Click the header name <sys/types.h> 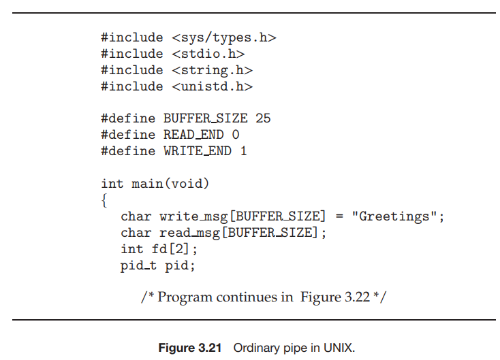pyautogui.click(x=224, y=37)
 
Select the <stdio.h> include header pyautogui.click(x=208, y=54)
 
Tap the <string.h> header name pyautogui.click(x=212, y=70)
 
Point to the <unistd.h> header pyautogui.click(x=212, y=86)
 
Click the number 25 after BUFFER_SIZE pyautogui.click(x=263, y=118)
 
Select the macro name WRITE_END pyautogui.click(x=198, y=151)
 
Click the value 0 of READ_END pyautogui.click(x=236, y=135)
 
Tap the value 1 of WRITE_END pyautogui.click(x=243, y=151)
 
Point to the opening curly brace pyautogui.click(x=104, y=200)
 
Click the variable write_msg pyautogui.click(x=191, y=217)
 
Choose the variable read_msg pyautogui.click(x=187, y=233)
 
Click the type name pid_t pyautogui.click(x=138, y=266)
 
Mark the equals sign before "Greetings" pyautogui.click(x=339, y=217)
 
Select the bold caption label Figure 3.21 pyautogui.click(x=190, y=348)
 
